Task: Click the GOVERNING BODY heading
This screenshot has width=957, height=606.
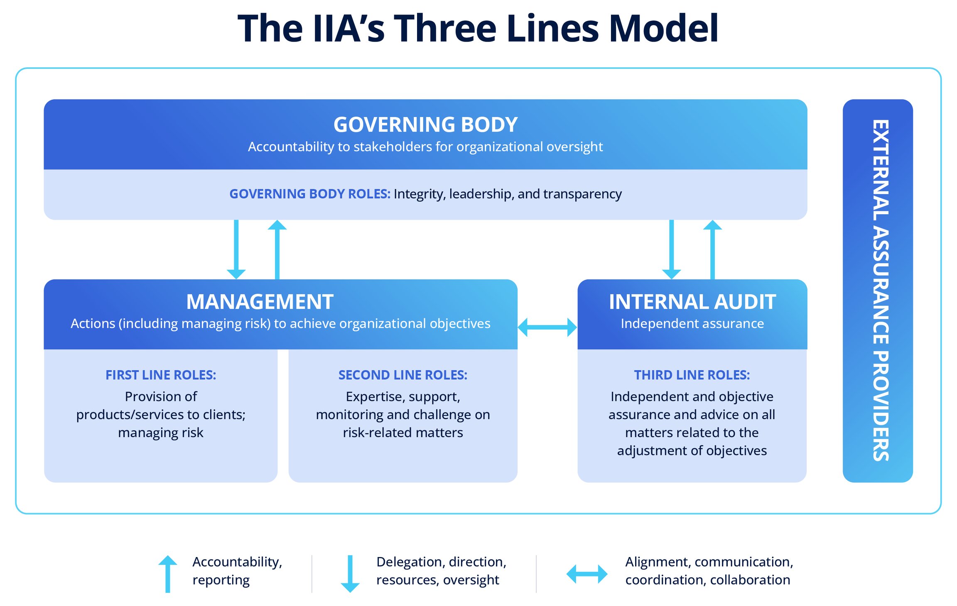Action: pos(425,125)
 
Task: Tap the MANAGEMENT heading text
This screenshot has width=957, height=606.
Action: pos(260,302)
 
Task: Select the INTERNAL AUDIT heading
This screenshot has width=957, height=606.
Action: pos(692,302)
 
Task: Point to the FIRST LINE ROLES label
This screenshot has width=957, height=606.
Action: pos(161,375)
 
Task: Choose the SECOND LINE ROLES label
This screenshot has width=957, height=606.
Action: pos(402,375)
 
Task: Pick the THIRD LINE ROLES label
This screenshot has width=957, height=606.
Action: pos(692,375)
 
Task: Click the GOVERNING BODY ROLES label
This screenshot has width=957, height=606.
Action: pos(309,194)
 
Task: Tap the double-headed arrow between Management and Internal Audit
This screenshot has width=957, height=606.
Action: pos(547,327)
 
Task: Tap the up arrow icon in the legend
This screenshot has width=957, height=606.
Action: pos(168,574)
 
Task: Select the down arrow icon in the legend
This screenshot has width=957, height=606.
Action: pos(350,574)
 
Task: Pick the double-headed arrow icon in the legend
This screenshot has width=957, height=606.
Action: pos(586,574)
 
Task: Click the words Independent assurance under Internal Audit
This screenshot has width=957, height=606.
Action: pos(692,323)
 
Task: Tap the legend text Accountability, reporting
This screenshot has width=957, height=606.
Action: pos(237,571)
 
